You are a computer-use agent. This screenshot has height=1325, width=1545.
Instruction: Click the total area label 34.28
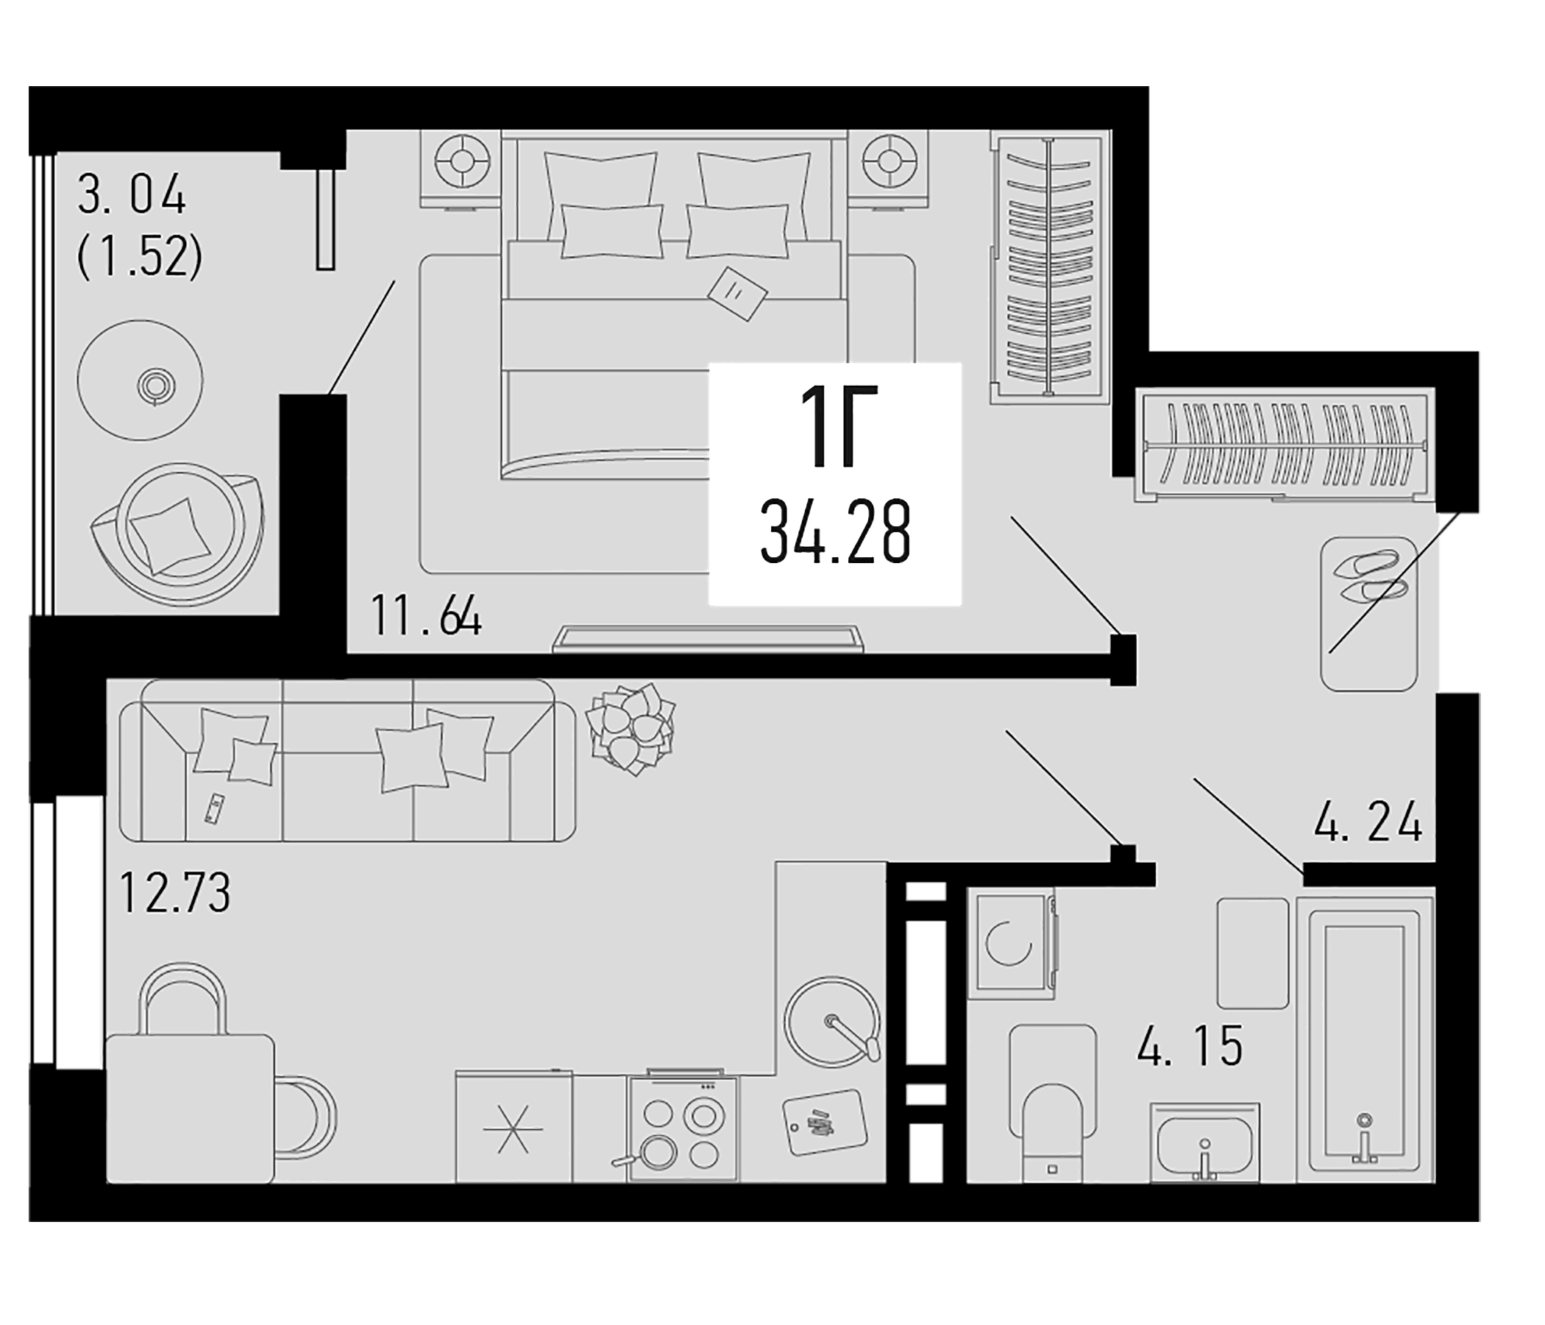835,535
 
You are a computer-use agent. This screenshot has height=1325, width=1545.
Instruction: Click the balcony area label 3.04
131,198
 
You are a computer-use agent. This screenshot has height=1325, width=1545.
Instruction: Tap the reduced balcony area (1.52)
141,259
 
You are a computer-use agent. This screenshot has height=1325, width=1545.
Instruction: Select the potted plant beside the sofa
631,728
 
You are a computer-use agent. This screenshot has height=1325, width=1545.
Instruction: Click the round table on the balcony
141,381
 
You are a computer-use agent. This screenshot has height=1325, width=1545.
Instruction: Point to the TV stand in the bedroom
708,640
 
